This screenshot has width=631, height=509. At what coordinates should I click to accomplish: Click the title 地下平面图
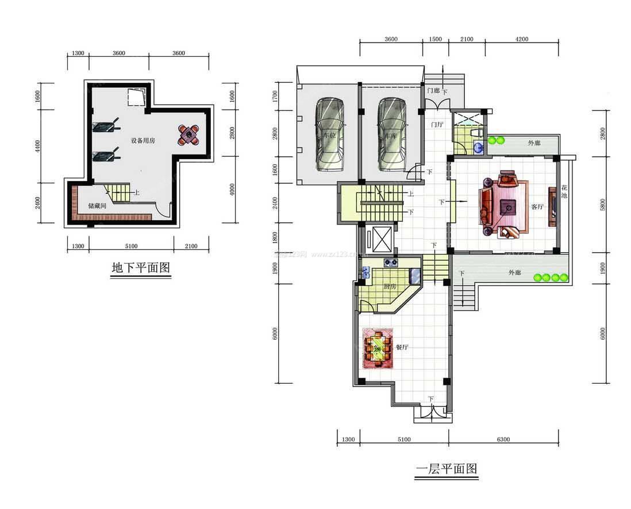click(141, 268)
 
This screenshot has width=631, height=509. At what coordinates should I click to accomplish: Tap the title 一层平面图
click(447, 469)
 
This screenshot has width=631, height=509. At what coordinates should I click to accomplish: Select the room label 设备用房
click(143, 141)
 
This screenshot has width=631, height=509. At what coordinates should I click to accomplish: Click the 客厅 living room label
click(537, 207)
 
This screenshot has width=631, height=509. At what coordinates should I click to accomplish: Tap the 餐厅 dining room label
click(402, 348)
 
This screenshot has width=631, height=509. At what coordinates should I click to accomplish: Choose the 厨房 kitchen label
click(390, 287)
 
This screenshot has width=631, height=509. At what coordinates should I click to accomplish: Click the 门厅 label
click(437, 124)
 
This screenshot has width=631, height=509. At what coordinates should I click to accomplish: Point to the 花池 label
click(564, 192)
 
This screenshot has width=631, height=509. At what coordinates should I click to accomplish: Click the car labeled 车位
click(329, 136)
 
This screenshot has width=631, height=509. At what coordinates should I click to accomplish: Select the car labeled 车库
click(391, 136)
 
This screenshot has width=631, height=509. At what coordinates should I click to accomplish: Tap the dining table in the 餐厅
click(378, 348)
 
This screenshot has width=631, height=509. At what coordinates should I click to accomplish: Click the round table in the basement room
click(188, 135)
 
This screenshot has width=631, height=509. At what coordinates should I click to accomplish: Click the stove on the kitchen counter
click(391, 263)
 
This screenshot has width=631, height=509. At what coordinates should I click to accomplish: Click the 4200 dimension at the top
click(521, 39)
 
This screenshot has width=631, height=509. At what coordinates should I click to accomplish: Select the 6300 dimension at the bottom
click(502, 439)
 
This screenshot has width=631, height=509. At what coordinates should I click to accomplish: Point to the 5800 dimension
click(602, 204)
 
